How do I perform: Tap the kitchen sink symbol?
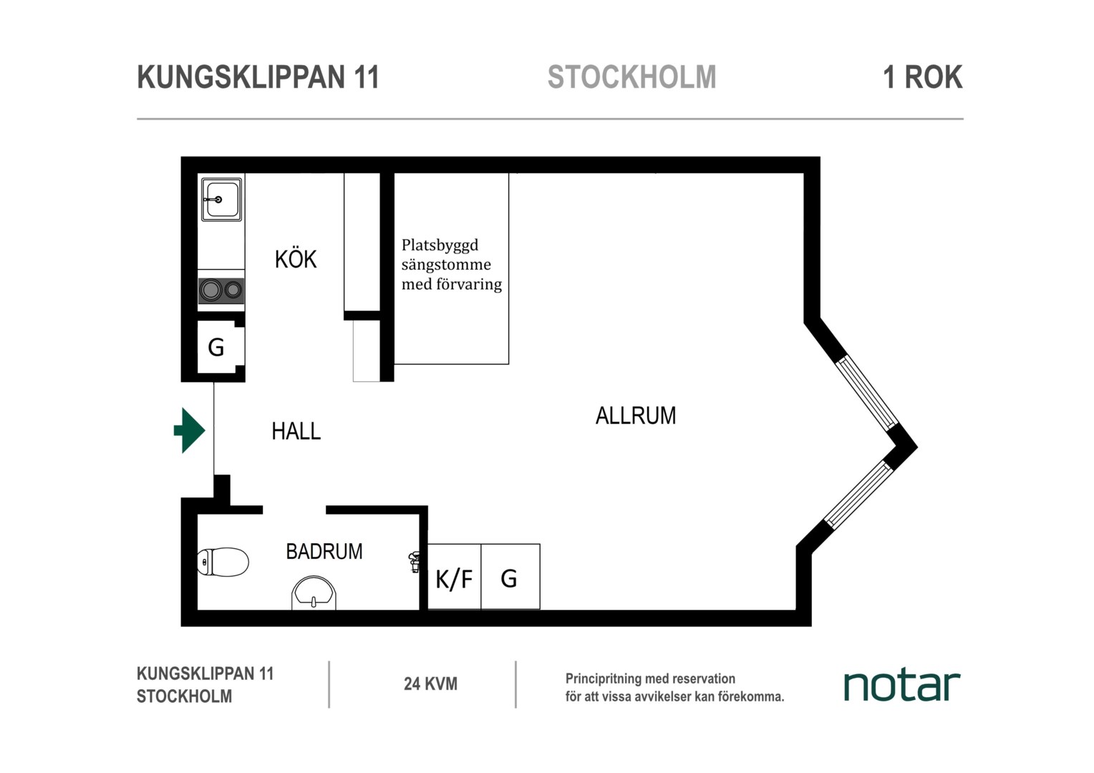(222, 199)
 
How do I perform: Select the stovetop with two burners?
(221, 290)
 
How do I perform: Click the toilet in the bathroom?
(223, 562)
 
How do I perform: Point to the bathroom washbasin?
(314, 593)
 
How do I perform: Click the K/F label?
(454, 579)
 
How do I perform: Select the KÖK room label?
(296, 259)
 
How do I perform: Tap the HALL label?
(296, 431)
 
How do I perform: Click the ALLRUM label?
(636, 416)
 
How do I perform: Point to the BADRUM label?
(324, 551)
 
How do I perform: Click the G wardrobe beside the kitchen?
(216, 348)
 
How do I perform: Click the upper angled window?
(867, 393)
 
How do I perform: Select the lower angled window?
(859, 493)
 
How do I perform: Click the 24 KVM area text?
(430, 684)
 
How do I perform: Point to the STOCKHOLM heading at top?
(631, 77)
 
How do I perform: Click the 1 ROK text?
(923, 77)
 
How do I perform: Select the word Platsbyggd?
(440, 245)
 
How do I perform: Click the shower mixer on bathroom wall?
(414, 562)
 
